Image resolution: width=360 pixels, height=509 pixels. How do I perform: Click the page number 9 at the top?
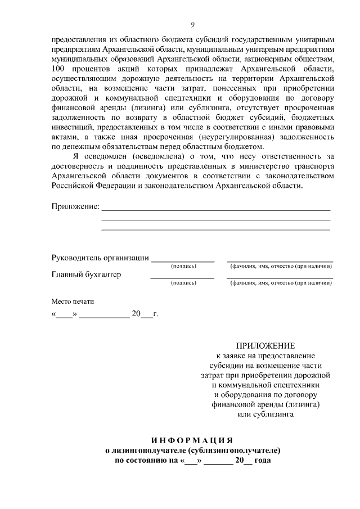tap(192, 24)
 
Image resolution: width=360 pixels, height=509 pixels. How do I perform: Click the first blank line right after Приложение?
tap(215, 209)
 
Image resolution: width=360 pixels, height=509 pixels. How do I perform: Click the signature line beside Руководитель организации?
tap(183, 261)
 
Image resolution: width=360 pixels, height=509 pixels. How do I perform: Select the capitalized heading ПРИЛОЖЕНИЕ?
tap(265, 345)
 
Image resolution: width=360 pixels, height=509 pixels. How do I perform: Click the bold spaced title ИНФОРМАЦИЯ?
tap(192, 439)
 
